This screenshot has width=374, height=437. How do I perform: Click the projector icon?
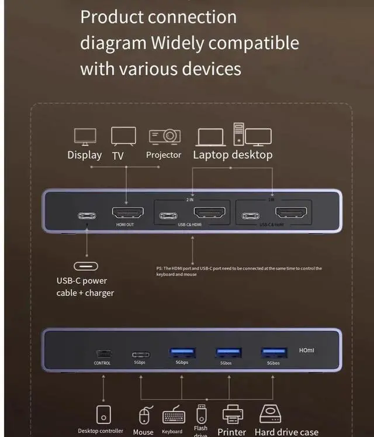pyautogui.click(x=164, y=136)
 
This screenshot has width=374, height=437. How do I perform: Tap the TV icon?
pyautogui.click(x=123, y=136)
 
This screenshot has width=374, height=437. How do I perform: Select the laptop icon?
pyautogui.click(x=211, y=137)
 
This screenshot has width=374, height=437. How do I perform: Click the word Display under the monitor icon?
pyautogui.click(x=85, y=155)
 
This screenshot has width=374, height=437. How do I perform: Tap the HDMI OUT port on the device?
pyautogui.click(x=126, y=215)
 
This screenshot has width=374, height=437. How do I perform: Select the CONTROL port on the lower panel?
pyautogui.click(x=102, y=354)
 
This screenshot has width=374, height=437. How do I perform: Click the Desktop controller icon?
pyautogui.click(x=103, y=414)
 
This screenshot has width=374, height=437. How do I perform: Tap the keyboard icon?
pyautogui.click(x=174, y=416)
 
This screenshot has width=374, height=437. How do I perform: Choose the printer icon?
pyautogui.click(x=233, y=414)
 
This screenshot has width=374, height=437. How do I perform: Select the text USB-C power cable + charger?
pyautogui.click(x=85, y=287)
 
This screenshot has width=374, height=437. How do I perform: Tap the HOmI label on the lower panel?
pyautogui.click(x=306, y=350)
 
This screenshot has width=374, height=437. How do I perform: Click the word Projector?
pyautogui.click(x=164, y=155)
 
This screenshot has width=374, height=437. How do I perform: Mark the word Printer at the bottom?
pyautogui.click(x=232, y=432)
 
